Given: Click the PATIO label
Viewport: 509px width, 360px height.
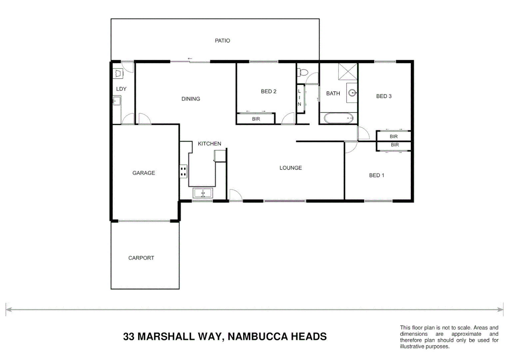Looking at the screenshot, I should tap(222, 41).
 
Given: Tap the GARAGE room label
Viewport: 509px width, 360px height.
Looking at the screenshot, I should tap(144, 173).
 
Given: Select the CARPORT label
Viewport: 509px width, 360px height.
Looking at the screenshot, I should tap(141, 258).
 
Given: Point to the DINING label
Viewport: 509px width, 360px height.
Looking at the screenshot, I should tap(191, 99).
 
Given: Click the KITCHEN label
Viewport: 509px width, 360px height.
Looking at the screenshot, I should tap(209, 144).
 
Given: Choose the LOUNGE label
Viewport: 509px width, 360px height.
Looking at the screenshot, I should tap(290, 168).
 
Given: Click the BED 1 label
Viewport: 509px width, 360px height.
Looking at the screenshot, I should tap(376, 175).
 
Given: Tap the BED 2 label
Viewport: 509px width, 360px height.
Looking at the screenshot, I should tap(268, 91).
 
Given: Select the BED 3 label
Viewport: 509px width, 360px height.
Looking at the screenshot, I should tap(384, 96).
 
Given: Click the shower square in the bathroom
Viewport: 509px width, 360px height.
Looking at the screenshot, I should tap(347, 72).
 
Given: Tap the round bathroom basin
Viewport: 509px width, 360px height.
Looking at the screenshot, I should tap(352, 93).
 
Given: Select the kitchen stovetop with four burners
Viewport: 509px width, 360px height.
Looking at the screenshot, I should tap(183, 172).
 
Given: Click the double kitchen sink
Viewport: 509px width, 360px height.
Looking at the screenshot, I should tap(203, 193).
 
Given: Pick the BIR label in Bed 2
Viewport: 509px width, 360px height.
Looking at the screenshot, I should tap(256, 119).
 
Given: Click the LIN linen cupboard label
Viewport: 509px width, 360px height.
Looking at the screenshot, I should tap(299, 98).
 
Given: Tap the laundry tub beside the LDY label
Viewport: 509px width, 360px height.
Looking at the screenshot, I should tap(117, 101).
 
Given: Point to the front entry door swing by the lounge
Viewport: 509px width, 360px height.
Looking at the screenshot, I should tap(235, 196).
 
